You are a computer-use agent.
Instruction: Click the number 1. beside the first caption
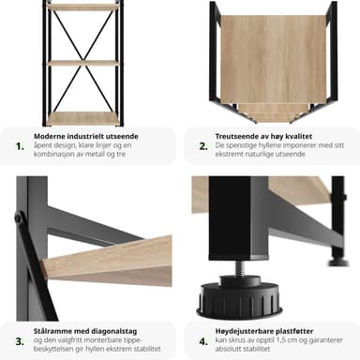click(x=20, y=146)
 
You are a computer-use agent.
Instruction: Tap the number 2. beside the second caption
click(x=203, y=146)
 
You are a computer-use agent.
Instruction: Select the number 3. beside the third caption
click(x=20, y=341)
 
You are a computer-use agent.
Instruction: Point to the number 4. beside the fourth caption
click(x=203, y=341)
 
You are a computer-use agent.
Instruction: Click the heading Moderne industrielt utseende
click(x=86, y=136)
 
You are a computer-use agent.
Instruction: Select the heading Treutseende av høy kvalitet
click(x=263, y=136)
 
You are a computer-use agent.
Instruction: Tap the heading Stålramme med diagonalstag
click(x=85, y=331)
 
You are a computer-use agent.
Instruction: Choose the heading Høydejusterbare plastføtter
click(x=264, y=331)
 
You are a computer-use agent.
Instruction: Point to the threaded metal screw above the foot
click(x=240, y=268)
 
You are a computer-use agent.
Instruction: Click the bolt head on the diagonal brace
click(x=20, y=217)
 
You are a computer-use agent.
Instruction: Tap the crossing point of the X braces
click(x=82, y=61)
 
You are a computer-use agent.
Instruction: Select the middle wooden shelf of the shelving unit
click(x=82, y=64)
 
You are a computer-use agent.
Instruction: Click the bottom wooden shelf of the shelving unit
click(x=82, y=118)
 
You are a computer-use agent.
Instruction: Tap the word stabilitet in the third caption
click(x=147, y=349)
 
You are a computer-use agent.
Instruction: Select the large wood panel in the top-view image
click(x=273, y=59)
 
